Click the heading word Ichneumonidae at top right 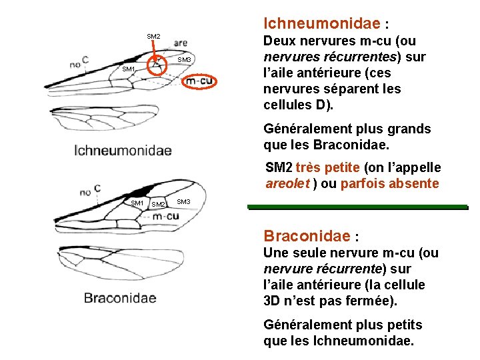click(321, 23)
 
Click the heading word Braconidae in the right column click(306, 235)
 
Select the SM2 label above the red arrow click(153, 36)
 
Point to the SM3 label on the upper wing click(185, 61)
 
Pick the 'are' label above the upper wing click(180, 43)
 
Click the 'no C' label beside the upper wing click(79, 62)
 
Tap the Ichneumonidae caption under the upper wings click(123, 150)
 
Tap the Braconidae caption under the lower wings click(120, 298)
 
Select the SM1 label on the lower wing click(137, 203)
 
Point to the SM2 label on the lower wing click(159, 204)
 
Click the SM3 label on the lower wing click(184, 202)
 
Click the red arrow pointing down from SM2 click(154, 53)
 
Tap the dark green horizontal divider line click(357, 207)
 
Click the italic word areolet click(288, 183)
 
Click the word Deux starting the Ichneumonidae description click(279, 41)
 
